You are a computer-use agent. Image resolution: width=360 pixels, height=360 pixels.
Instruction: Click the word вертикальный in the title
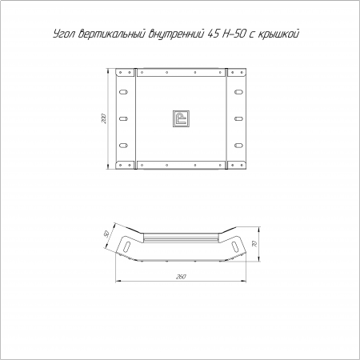[112, 34]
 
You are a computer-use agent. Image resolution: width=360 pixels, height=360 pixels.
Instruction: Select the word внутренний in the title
[176, 34]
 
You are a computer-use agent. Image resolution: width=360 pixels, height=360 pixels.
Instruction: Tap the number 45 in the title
[213, 34]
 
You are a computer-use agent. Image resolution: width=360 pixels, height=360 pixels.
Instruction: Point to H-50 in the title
[234, 34]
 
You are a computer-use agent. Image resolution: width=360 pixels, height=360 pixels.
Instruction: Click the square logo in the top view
[181, 118]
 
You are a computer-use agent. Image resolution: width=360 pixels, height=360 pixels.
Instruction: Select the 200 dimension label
[104, 118]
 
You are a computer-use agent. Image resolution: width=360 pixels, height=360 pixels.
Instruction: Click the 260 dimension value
[181, 277]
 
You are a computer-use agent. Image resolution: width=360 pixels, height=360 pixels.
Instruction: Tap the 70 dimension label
[255, 244]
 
